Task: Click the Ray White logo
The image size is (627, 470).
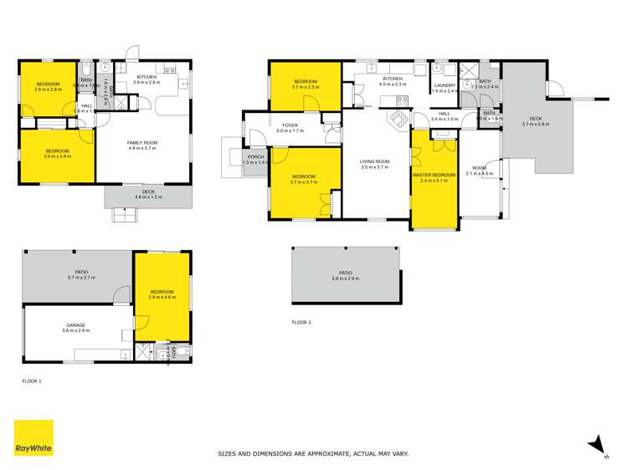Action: pyautogui.click(x=33, y=438)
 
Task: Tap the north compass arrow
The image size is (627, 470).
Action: pyautogui.click(x=596, y=444)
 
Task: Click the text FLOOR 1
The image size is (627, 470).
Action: pyautogui.click(x=32, y=381)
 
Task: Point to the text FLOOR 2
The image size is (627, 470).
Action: pyautogui.click(x=301, y=322)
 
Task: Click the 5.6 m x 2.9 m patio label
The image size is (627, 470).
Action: pyautogui.click(x=345, y=276)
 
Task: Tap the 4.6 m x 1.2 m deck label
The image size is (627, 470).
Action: pyautogui.click(x=148, y=195)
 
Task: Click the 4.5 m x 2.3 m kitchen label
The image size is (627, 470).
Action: pyautogui.click(x=392, y=81)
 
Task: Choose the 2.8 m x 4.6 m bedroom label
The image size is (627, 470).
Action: pyautogui.click(x=162, y=294)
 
